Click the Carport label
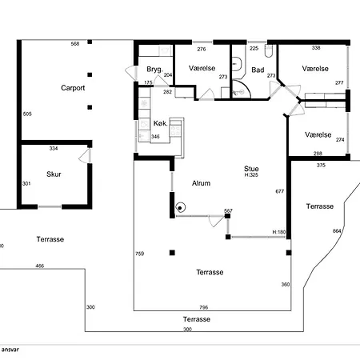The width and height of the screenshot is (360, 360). click(x=73, y=88)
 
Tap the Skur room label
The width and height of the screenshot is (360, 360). click(x=54, y=174)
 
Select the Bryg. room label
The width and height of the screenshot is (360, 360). click(x=154, y=70)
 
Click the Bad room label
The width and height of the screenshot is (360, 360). click(x=258, y=70)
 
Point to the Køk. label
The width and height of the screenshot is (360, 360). click(x=161, y=123)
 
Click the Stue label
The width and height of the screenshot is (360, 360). click(x=251, y=169)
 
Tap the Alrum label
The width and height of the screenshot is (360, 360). click(x=201, y=183)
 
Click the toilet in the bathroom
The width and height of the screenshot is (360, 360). click(x=269, y=51)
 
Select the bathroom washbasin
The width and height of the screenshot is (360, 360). click(x=237, y=64)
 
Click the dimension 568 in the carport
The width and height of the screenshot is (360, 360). click(x=75, y=44)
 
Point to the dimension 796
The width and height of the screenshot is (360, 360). click(x=204, y=307)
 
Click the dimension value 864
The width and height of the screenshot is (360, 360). click(x=337, y=231)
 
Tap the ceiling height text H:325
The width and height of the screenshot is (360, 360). click(x=251, y=175)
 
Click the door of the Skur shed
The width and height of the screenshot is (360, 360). click(x=85, y=156)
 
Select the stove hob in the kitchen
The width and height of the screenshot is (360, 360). click(x=175, y=131)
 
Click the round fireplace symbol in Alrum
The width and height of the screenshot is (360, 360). click(x=181, y=207)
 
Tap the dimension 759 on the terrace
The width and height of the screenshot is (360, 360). click(x=140, y=254)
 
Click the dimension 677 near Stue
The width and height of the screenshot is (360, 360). click(x=280, y=191)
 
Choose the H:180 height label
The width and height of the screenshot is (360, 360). click(x=279, y=232)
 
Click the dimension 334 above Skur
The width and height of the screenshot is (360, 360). click(x=54, y=149)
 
